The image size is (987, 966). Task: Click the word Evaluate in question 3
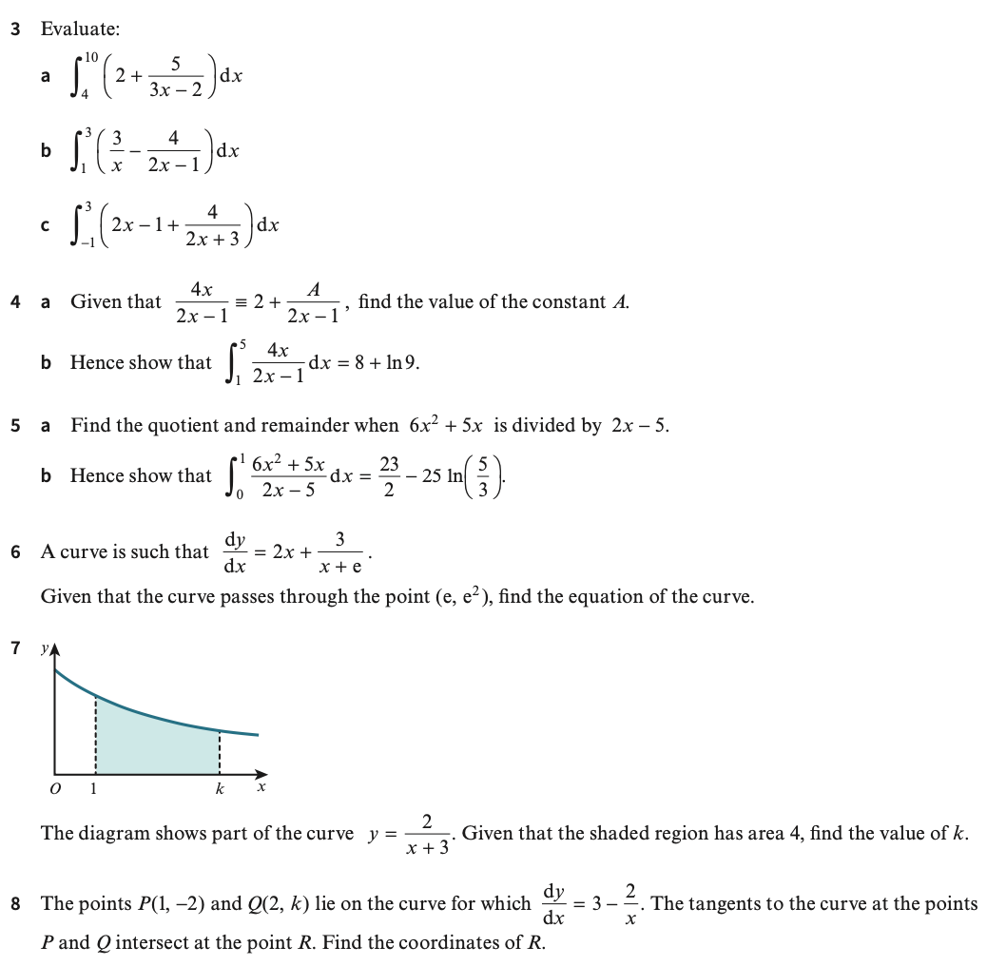tap(80, 29)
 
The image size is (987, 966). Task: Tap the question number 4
tap(15, 302)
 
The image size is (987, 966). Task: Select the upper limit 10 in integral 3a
tap(90, 57)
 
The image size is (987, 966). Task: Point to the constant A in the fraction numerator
tap(314, 289)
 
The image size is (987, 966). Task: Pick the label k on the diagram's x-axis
tap(220, 788)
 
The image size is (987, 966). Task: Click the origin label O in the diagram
tap(55, 789)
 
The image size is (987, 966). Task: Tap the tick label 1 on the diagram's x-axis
tap(93, 788)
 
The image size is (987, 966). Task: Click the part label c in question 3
tap(45, 227)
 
